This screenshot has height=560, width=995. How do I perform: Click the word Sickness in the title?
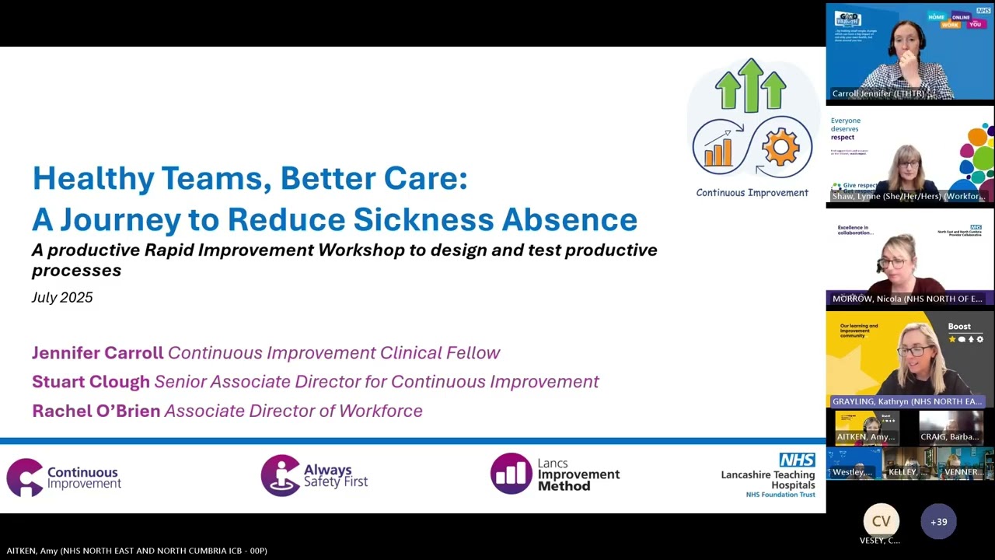point(436,219)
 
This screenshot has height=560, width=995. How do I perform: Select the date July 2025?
point(62,297)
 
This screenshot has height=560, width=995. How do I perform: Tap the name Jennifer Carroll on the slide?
point(97,352)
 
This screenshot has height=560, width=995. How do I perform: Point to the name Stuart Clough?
point(91,382)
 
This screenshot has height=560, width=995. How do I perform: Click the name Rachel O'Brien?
point(96,411)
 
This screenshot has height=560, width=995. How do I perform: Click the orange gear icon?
point(780,148)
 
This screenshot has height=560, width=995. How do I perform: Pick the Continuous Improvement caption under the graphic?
point(752,193)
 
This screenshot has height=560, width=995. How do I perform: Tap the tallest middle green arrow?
point(751,86)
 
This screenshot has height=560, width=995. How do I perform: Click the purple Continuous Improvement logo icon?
point(24,477)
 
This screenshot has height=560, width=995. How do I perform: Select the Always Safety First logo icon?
point(280,474)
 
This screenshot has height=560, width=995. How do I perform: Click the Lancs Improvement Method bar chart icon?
point(510,473)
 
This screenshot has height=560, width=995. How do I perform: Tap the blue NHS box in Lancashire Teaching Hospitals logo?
point(797,460)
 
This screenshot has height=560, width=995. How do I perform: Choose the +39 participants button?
point(938,522)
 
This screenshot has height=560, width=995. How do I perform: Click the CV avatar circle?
point(881,521)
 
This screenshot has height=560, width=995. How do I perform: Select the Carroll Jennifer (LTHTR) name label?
point(878,93)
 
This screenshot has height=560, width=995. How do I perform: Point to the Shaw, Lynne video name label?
point(908,196)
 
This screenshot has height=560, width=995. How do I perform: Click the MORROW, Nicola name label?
point(907,299)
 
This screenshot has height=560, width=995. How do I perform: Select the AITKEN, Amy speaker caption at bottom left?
point(137,551)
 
